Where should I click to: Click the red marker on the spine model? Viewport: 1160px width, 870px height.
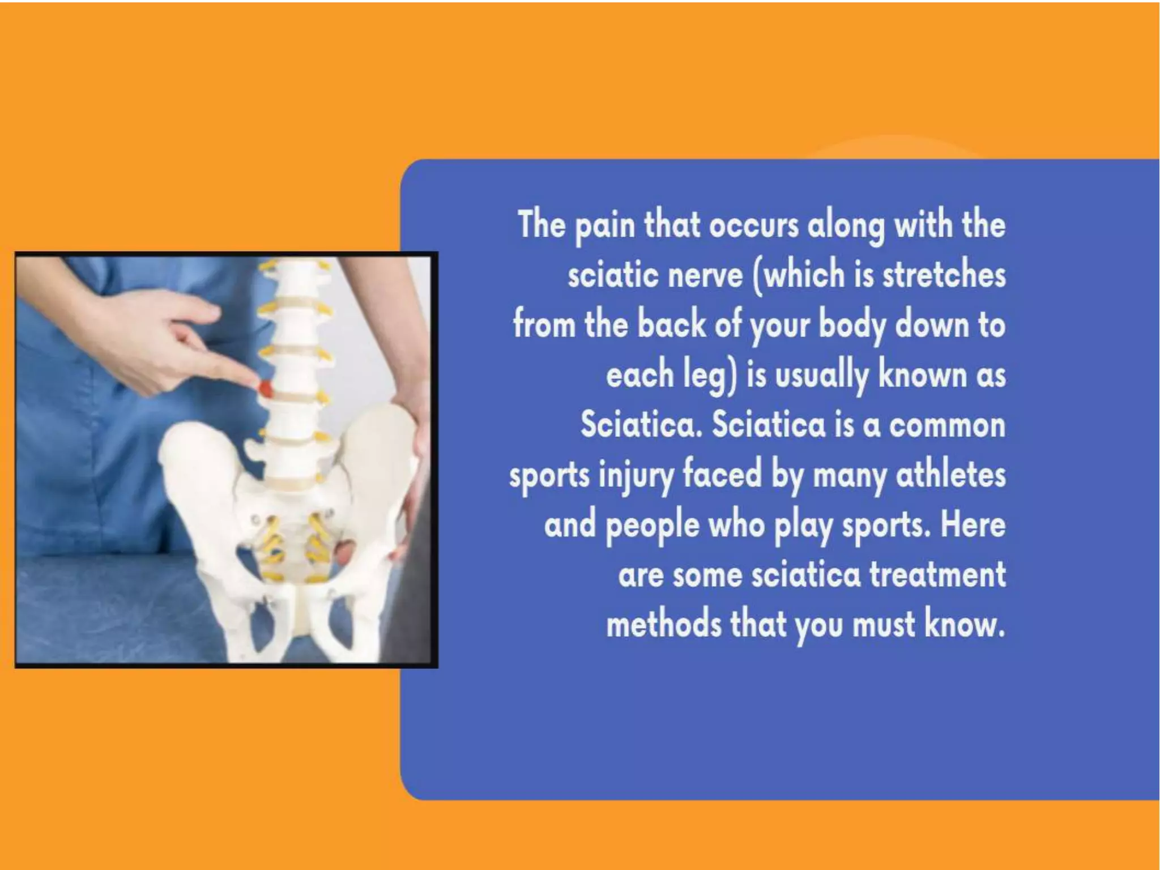tap(265, 389)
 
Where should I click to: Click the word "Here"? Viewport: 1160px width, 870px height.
tap(973, 525)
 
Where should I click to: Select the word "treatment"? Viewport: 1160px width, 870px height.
tap(937, 575)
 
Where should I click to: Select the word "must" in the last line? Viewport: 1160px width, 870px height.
tap(884, 624)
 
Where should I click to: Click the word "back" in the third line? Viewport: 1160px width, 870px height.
tap(671, 325)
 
